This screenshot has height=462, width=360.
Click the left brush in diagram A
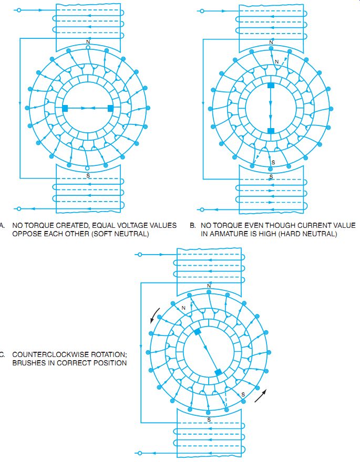click(x=65, y=109)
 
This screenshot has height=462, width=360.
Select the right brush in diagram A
click(x=110, y=109)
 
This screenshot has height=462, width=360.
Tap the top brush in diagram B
click(x=271, y=86)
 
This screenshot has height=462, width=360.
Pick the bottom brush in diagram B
click(x=271, y=131)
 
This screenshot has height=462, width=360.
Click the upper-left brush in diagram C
click(x=197, y=332)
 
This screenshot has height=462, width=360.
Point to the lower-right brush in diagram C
click(x=218, y=372)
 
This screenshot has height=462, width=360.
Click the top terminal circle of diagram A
click(x=19, y=10)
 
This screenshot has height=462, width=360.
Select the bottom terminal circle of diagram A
click(x=19, y=208)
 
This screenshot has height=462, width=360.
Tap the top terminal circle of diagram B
click(x=202, y=11)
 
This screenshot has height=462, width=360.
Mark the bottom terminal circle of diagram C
click(x=140, y=453)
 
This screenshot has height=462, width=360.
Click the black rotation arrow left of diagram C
click(x=155, y=316)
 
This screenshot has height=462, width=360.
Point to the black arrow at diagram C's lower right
click(x=261, y=396)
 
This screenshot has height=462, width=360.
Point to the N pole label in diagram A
click(x=88, y=42)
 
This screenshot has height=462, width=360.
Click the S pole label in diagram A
click(x=88, y=175)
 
